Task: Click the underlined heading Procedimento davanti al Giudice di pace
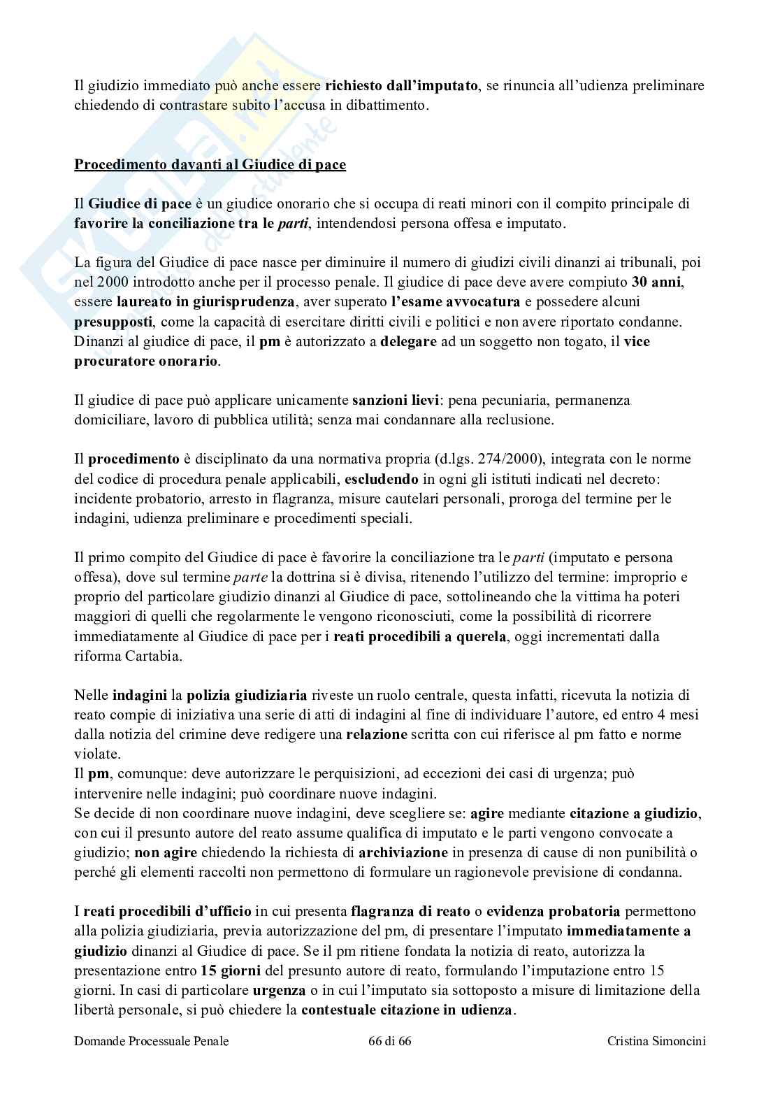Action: point(210,166)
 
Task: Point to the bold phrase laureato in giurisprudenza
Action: point(196,303)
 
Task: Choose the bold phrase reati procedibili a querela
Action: point(419,636)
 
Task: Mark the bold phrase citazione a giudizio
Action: point(633,813)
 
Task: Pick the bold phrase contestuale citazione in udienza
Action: point(407,1010)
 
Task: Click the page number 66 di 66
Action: point(389,1061)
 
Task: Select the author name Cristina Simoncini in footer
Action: point(656,1061)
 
